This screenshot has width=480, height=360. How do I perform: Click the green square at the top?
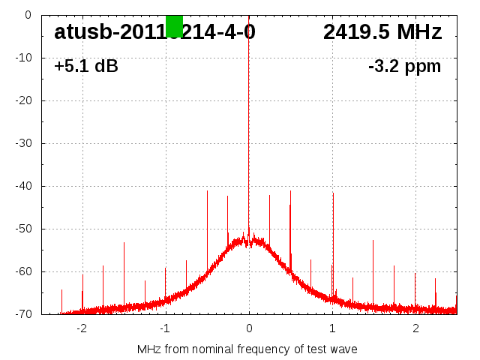click(174, 26)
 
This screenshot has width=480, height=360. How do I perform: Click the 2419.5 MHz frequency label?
click(382, 32)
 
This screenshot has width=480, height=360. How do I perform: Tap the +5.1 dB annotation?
click(86, 67)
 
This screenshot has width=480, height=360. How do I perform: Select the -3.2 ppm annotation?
click(404, 67)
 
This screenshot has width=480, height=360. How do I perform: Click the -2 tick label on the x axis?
click(81, 328)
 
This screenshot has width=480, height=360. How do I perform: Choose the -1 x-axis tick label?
click(164, 328)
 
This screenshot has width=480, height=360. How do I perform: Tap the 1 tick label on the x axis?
click(332, 328)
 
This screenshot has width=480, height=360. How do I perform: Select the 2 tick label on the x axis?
click(415, 328)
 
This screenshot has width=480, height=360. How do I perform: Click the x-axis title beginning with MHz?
click(247, 349)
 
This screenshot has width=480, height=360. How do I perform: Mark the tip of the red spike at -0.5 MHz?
click(207, 190)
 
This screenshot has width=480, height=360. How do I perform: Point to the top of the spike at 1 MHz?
click(333, 193)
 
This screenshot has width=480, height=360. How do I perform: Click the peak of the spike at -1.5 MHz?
click(124, 243)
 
